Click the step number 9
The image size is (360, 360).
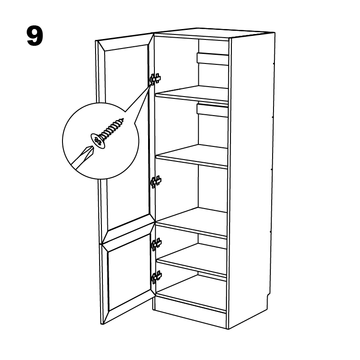tap(35, 36)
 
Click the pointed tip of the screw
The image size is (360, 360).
tap(123, 119)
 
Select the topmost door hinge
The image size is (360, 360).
tap(155, 79)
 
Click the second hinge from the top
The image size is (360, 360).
tap(156, 182)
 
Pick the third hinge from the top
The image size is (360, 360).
tap(156, 244)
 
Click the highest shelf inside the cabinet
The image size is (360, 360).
tap(192, 94)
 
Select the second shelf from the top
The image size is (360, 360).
tap(192, 156)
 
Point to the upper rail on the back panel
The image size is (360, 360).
tap(212, 59)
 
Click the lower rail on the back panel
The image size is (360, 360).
tap(212, 111)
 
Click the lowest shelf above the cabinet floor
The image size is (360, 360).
tap(192, 260)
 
